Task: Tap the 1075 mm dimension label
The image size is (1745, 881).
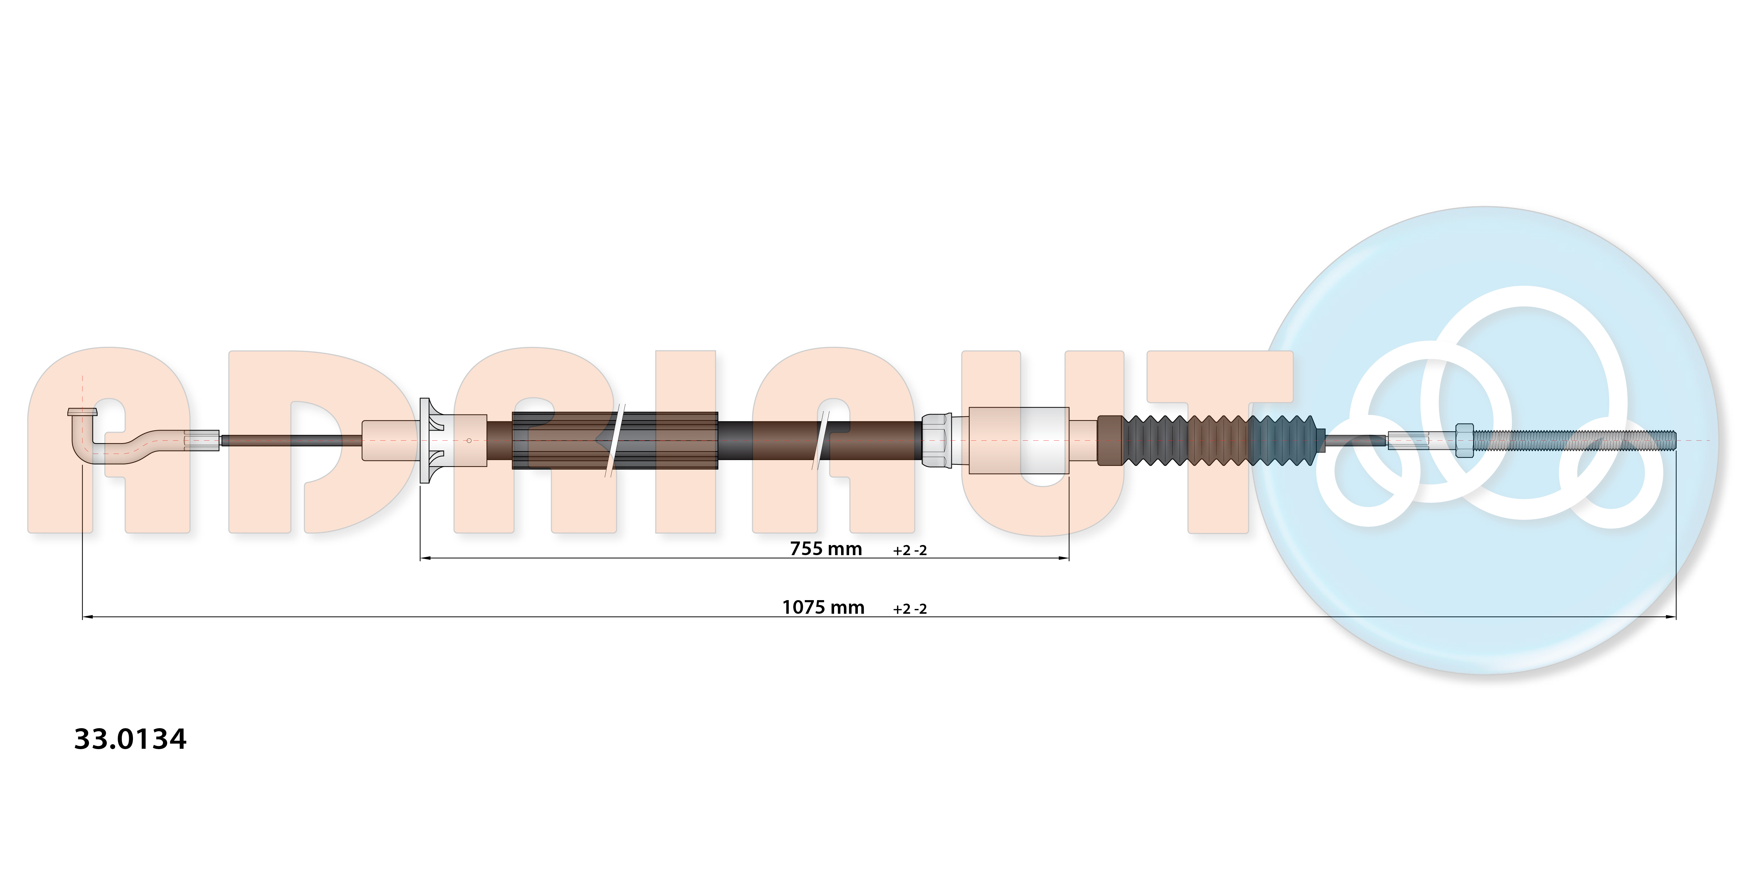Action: pos(823,607)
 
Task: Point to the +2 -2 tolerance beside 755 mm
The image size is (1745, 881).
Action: pos(910,551)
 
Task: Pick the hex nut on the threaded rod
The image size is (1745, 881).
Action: pos(1464,440)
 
